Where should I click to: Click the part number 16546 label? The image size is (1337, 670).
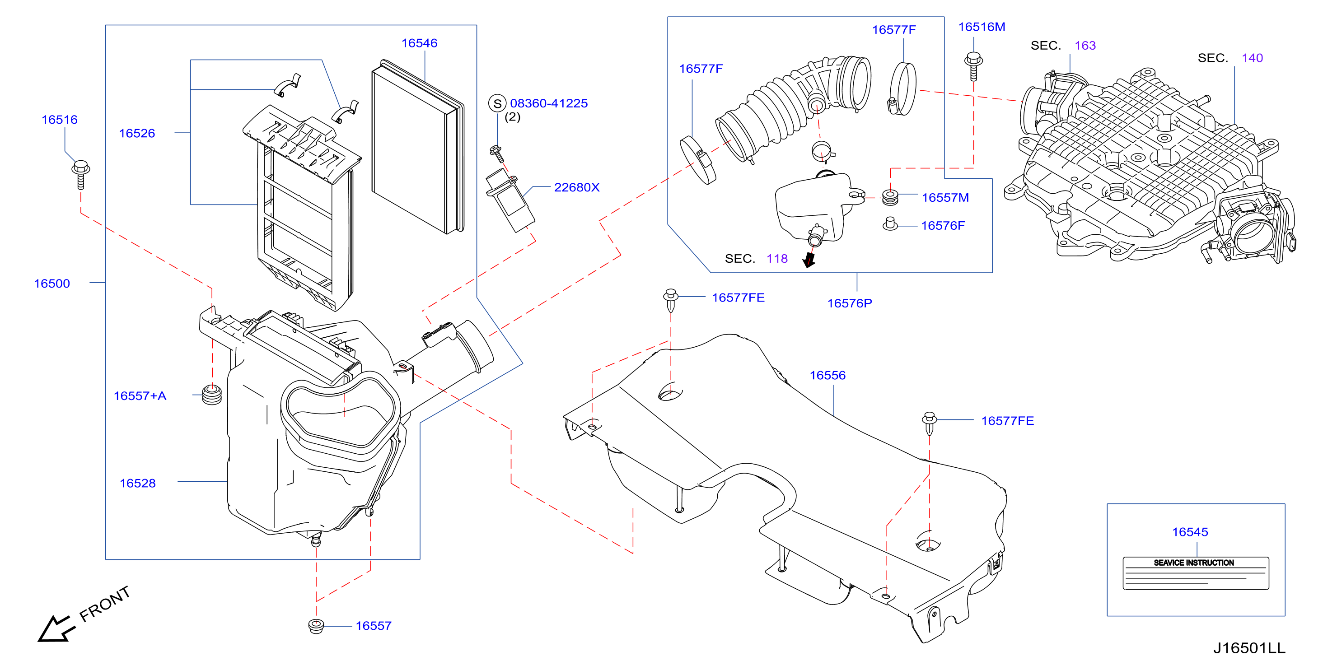[419, 43]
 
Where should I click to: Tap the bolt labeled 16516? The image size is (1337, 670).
[80, 174]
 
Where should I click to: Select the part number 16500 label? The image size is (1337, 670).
[52, 284]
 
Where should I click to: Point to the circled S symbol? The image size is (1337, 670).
[497, 103]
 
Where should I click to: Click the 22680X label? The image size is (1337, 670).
[577, 187]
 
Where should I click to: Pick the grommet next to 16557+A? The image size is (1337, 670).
[212, 395]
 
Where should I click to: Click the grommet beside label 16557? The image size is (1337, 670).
[316, 626]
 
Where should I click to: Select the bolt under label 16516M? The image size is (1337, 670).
[974, 66]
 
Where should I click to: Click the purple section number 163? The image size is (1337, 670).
[1085, 46]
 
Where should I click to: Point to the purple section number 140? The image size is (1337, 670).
[1252, 58]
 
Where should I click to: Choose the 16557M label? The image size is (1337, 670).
[945, 198]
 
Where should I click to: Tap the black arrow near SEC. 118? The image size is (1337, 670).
[809, 260]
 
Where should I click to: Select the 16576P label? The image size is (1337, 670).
[850, 303]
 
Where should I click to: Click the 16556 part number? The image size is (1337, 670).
[828, 375]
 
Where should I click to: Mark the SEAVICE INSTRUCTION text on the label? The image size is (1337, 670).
[1194, 563]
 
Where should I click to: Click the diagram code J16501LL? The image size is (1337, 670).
[1249, 648]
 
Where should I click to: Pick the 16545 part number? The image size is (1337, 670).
[1190, 532]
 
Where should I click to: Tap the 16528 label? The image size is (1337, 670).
[138, 483]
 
